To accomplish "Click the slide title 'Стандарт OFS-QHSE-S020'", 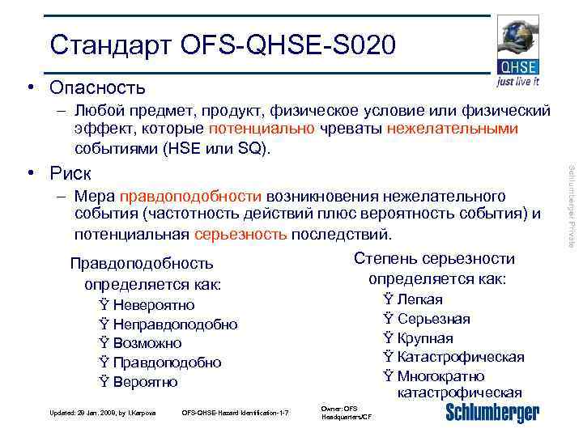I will coord(223,45).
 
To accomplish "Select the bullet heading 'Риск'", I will coord(70,173).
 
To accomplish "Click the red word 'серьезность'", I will coord(241,235).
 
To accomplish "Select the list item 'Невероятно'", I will coord(154,305).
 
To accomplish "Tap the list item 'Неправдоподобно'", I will coord(175,325).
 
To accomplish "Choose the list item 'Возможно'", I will coord(147,343).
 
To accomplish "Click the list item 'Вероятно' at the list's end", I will coord(145,382).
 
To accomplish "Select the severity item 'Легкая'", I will coord(419,299).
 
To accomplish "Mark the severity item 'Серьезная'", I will coord(433,319).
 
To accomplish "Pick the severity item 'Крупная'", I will coord(425,338).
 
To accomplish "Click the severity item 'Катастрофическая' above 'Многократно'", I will coord(460,357).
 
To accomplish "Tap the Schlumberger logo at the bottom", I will coord(492,412).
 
